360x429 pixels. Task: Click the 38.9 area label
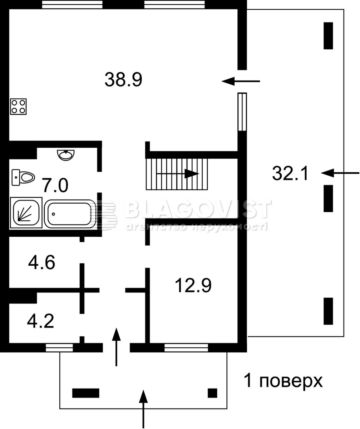coord(123,79)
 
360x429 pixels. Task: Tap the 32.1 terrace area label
coord(290,173)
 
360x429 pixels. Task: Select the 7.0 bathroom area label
coord(55,186)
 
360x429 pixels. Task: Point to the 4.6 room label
coord(41,262)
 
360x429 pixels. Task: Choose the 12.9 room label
coord(193,285)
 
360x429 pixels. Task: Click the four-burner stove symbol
coord(18,107)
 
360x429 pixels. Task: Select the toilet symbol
coord(23,177)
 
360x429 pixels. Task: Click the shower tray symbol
coord(26,213)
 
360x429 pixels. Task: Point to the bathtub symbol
coord(70,214)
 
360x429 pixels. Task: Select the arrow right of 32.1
coord(340,173)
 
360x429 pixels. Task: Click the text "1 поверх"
coord(283,381)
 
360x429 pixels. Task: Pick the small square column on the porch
coord(212,393)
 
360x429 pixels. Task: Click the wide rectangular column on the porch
coord(86,393)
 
